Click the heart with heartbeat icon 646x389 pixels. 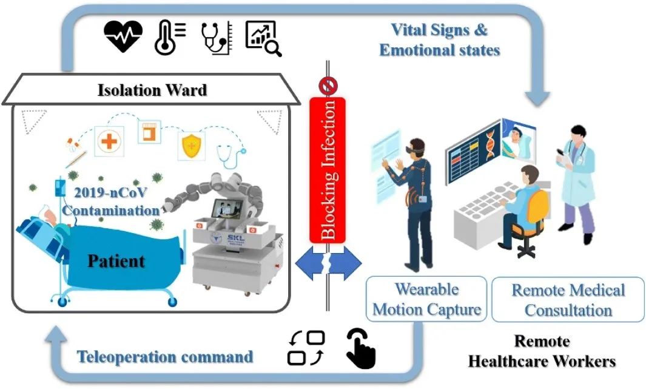[123, 36]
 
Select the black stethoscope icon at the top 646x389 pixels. [217, 38]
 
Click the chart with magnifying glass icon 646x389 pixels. [263, 38]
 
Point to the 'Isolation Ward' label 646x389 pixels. [152, 90]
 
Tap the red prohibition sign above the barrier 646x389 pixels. [328, 86]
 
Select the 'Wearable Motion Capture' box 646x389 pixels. [426, 299]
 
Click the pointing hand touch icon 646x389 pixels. [361, 348]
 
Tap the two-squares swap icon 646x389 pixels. [306, 348]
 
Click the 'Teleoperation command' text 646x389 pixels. [165, 356]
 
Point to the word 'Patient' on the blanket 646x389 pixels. [116, 262]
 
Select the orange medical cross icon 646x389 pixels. [109, 141]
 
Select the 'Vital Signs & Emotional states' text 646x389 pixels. [440, 40]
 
